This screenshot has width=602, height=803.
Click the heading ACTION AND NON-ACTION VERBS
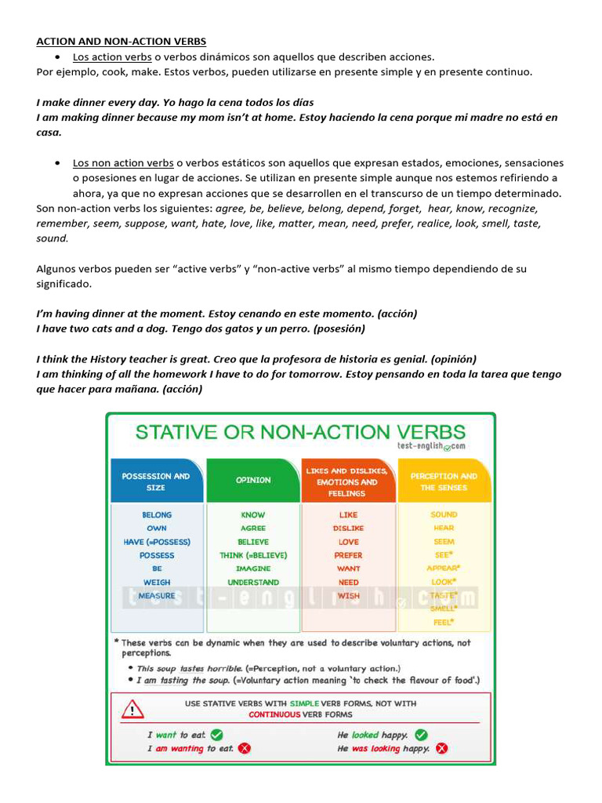coord(121,41)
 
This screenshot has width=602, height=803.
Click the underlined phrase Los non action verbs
coord(123,163)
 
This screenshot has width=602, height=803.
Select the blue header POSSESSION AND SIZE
coord(156,481)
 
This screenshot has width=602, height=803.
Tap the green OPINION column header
coord(253,480)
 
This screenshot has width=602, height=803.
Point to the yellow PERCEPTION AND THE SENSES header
coord(444,481)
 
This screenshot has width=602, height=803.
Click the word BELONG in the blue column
coord(157,515)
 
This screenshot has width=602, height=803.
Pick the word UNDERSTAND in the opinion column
coord(253,583)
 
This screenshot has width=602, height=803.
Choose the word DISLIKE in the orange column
coord(348,529)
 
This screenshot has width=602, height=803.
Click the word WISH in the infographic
coord(348,596)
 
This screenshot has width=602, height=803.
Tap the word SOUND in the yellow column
coord(444,515)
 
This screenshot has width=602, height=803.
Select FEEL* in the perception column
coord(444,623)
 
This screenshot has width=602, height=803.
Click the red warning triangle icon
coord(132,709)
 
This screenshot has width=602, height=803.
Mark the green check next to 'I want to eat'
coord(217,735)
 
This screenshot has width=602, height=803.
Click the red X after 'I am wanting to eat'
coord(245,749)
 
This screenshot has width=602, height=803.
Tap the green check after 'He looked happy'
coord(421,735)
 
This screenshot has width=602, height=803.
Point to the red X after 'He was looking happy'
coord(441,749)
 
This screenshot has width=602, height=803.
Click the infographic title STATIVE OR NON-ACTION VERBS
coord(301,432)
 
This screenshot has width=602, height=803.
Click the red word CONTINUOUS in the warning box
coord(274,714)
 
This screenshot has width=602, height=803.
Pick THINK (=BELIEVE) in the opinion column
coord(253,555)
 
